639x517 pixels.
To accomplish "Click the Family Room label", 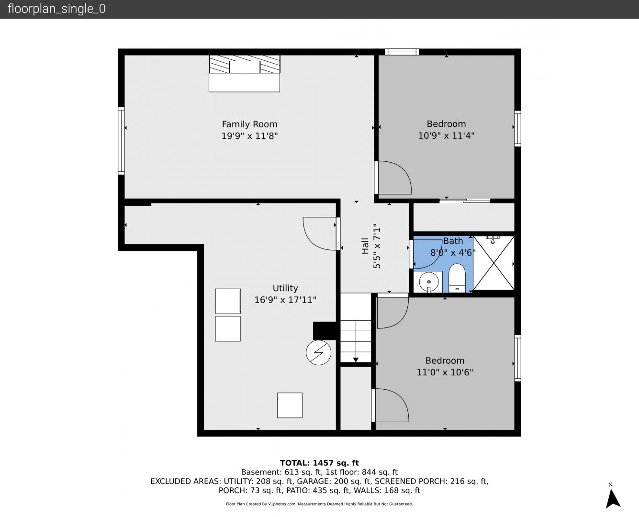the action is (x=249, y=124).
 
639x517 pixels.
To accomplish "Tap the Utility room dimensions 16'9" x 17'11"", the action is (x=285, y=300).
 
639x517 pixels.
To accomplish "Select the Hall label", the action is (x=365, y=246).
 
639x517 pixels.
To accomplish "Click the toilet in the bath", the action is (x=457, y=278).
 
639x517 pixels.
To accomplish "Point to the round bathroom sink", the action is (x=429, y=282).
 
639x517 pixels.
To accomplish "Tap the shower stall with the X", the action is (x=493, y=263).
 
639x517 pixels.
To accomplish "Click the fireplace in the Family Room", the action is (x=245, y=74).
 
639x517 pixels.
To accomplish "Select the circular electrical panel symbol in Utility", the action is (x=319, y=353).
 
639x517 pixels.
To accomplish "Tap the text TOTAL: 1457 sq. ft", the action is (x=319, y=463).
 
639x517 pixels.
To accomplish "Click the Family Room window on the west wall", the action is (x=121, y=141).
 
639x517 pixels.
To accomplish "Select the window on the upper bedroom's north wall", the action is (x=402, y=52).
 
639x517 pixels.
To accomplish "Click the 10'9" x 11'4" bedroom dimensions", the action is (x=446, y=135).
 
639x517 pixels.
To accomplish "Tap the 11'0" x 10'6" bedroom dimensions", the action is (x=445, y=372).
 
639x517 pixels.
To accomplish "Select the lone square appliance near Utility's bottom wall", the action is (x=290, y=405).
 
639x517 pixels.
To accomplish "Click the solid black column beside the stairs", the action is (x=325, y=331).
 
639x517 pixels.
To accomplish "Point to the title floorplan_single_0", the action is (x=56, y=9).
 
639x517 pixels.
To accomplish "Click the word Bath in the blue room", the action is (x=453, y=241).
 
